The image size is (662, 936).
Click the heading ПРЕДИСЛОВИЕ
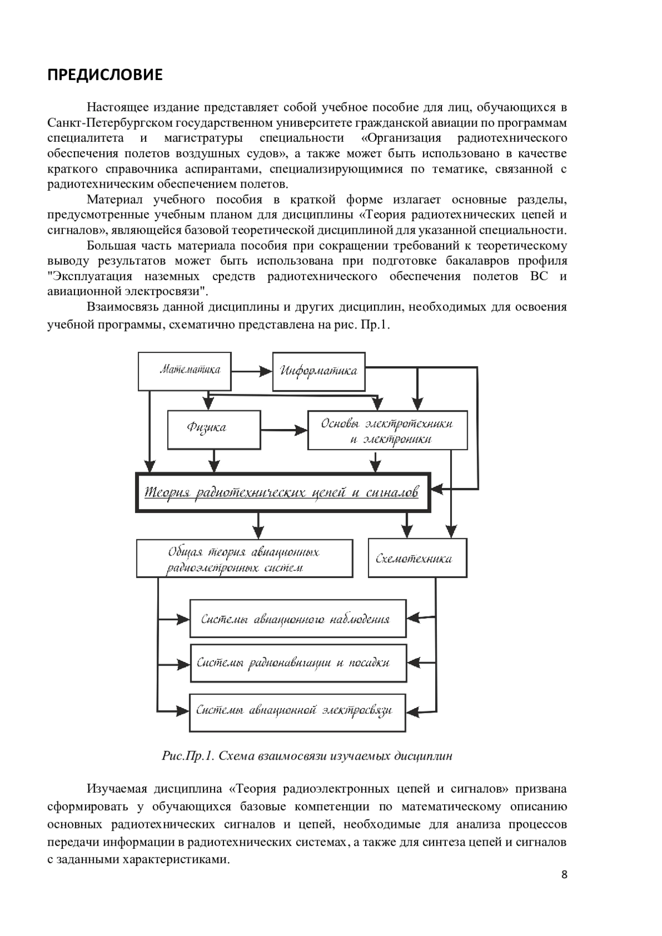(x=105, y=75)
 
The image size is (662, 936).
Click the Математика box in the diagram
(x=184, y=370)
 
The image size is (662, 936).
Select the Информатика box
(x=319, y=371)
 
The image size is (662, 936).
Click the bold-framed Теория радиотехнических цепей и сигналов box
(x=282, y=492)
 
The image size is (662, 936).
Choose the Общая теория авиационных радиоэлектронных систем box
(x=244, y=559)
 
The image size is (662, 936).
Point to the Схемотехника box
(x=417, y=558)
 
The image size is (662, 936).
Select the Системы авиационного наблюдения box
(x=298, y=619)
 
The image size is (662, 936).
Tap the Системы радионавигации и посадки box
(x=298, y=663)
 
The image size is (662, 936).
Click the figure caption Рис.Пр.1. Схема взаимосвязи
(x=307, y=756)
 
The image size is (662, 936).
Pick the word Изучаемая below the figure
(x=117, y=789)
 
